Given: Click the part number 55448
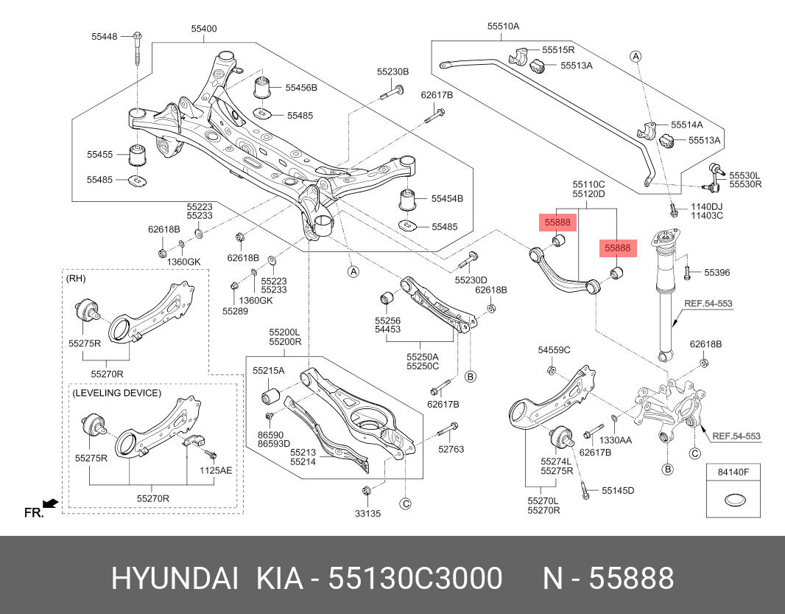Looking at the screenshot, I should [x=104, y=35].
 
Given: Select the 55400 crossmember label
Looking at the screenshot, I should [x=204, y=29].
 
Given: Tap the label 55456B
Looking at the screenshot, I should [x=302, y=88].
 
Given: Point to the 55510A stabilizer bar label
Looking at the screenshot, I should [x=503, y=26].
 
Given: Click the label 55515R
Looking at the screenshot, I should [x=558, y=49].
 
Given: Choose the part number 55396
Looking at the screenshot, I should [x=717, y=273].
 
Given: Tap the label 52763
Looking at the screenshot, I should [x=451, y=449].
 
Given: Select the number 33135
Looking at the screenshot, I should [x=367, y=513].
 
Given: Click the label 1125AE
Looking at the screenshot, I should [x=217, y=469].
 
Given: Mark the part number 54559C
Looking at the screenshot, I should [x=554, y=349].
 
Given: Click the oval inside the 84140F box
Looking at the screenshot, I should [x=733, y=501].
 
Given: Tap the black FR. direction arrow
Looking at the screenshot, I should [x=50, y=503].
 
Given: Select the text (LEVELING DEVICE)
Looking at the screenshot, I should [x=116, y=393].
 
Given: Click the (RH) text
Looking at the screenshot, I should [x=76, y=278].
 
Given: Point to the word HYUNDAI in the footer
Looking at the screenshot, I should [x=175, y=579].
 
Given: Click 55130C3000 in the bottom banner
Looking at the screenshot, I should [x=416, y=579].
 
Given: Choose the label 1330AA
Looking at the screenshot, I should [x=616, y=440].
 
